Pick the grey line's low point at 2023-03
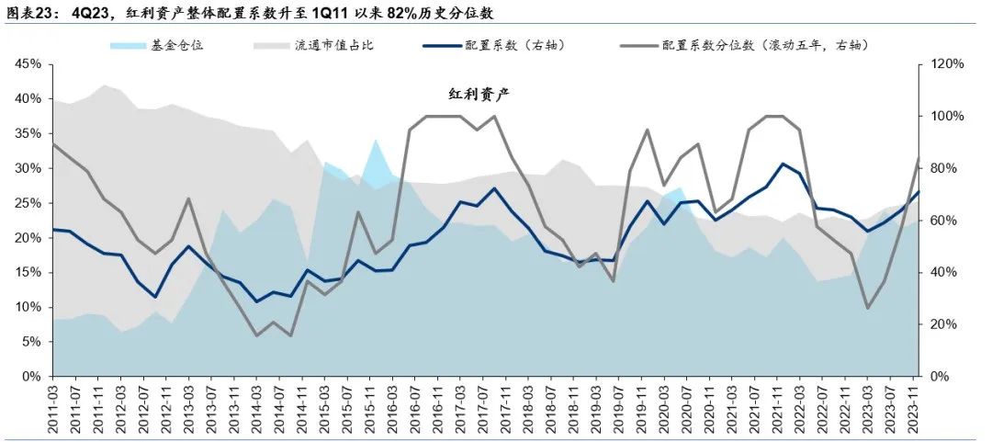click(x=868, y=308)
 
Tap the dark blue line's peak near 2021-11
click(x=782, y=164)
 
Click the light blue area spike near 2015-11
click(x=375, y=141)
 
